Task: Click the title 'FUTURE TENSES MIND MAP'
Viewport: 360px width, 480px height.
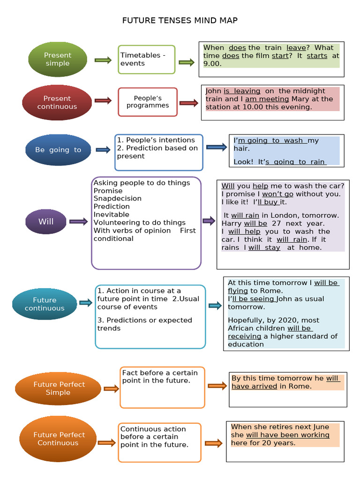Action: (x=180, y=20)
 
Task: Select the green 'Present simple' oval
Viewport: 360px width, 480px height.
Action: (x=58, y=59)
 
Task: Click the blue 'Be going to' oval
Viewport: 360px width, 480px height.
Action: (x=58, y=150)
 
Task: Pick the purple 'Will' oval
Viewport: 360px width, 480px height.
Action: (x=46, y=222)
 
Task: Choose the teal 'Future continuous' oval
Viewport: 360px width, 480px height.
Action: (x=45, y=304)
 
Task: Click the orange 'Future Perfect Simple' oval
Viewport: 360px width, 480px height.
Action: (x=59, y=388)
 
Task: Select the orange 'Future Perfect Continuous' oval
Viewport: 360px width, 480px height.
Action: (x=58, y=439)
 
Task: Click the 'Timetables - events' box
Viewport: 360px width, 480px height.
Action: (x=146, y=60)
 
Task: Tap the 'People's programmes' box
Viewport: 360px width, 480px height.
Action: (x=148, y=102)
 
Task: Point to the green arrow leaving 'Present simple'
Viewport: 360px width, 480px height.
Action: (x=103, y=60)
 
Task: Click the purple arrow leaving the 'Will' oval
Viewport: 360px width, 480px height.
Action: (x=78, y=222)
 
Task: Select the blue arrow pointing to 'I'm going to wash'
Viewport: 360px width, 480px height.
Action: (x=216, y=147)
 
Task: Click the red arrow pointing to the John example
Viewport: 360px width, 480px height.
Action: (x=189, y=103)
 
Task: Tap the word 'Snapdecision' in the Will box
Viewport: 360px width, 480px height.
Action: (x=117, y=198)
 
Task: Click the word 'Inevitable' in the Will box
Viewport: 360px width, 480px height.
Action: (x=112, y=214)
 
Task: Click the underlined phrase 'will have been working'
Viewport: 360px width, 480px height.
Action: (x=287, y=435)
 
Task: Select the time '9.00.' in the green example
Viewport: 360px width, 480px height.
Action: (x=212, y=64)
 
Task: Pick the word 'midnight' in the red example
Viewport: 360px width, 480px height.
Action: (x=308, y=91)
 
